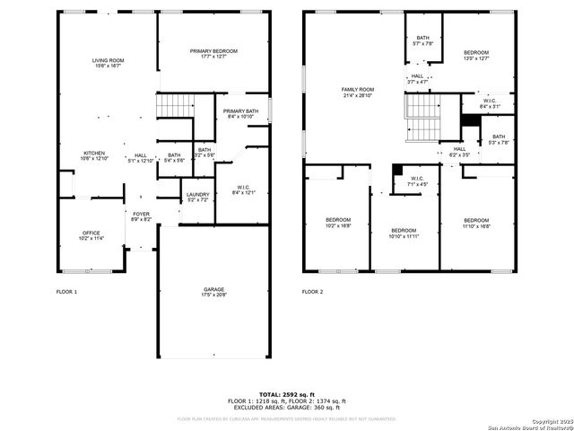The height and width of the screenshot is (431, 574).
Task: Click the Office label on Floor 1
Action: (92, 235)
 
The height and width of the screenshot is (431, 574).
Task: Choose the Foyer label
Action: (141, 216)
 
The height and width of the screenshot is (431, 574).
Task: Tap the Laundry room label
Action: (196, 197)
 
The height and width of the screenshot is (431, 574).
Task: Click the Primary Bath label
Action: (240, 113)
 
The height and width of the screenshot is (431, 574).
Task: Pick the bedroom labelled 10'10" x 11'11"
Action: (404, 233)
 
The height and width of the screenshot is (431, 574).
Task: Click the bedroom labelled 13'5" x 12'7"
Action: (476, 56)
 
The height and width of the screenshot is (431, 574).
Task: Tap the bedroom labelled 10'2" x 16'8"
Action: (338, 223)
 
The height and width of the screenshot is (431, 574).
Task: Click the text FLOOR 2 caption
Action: (312, 292)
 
